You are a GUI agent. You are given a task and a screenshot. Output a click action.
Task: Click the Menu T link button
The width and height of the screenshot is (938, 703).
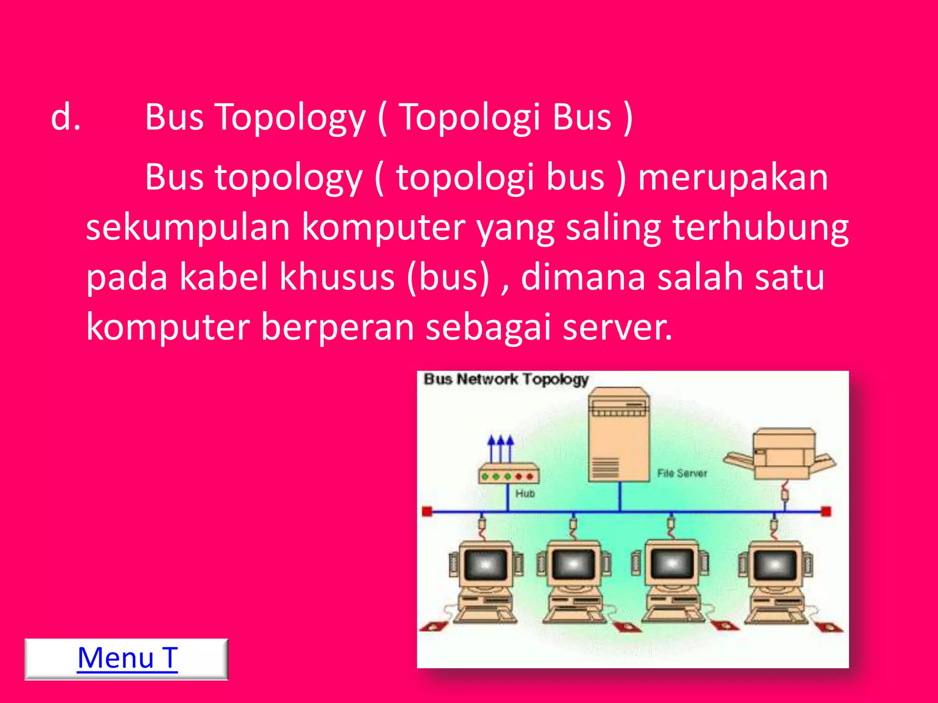pos(127,659)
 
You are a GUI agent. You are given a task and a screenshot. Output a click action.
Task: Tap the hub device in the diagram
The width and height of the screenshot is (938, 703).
pos(508,474)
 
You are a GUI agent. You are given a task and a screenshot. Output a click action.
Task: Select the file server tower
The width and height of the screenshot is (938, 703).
pos(619,435)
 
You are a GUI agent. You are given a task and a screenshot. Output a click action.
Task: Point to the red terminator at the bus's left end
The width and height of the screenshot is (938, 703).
pos(427,511)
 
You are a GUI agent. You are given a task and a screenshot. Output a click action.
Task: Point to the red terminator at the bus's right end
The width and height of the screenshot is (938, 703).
pos(826,511)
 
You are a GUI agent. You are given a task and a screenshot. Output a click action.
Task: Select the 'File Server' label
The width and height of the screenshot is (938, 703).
pos(682,473)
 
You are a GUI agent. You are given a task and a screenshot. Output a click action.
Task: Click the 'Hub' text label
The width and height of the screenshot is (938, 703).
pos(525,493)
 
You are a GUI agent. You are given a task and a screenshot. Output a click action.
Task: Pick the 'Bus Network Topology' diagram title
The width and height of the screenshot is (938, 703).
pos(506,379)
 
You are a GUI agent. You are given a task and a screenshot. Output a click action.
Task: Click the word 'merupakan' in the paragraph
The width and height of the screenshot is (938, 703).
pos(733,178)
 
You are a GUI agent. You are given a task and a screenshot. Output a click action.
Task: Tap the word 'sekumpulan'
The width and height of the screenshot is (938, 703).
pos(188,227)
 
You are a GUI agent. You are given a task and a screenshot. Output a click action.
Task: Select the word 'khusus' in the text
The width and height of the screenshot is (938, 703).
pos(337,277)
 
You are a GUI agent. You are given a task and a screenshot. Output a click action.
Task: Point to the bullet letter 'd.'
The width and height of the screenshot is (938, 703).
pos(66,117)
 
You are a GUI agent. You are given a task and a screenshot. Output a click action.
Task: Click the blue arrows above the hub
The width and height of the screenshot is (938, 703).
pos(500,448)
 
